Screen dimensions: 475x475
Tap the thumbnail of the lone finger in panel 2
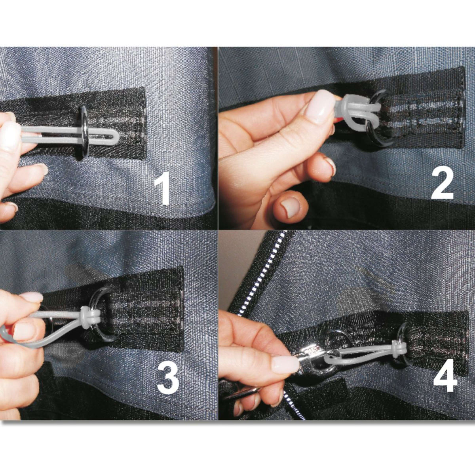(x=291, y=207)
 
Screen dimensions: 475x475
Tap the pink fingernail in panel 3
(x=31, y=297)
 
